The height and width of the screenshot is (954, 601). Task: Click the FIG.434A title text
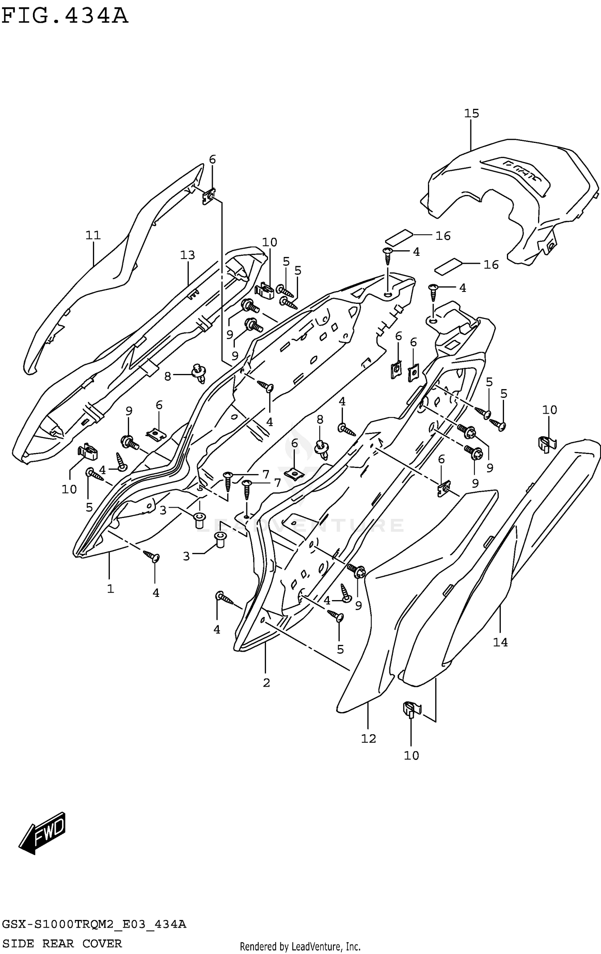[65, 16]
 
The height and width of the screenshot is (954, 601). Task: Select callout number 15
[471, 114]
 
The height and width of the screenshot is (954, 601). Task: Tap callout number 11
[93, 235]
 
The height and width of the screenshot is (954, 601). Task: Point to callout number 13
[187, 255]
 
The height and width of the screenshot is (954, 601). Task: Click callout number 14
[500, 643]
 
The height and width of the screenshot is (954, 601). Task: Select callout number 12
[368, 739]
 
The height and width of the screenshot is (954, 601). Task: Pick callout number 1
[110, 589]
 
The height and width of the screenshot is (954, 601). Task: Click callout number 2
[266, 683]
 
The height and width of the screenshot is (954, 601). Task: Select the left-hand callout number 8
[167, 376]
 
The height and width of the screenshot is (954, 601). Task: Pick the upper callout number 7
[266, 474]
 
